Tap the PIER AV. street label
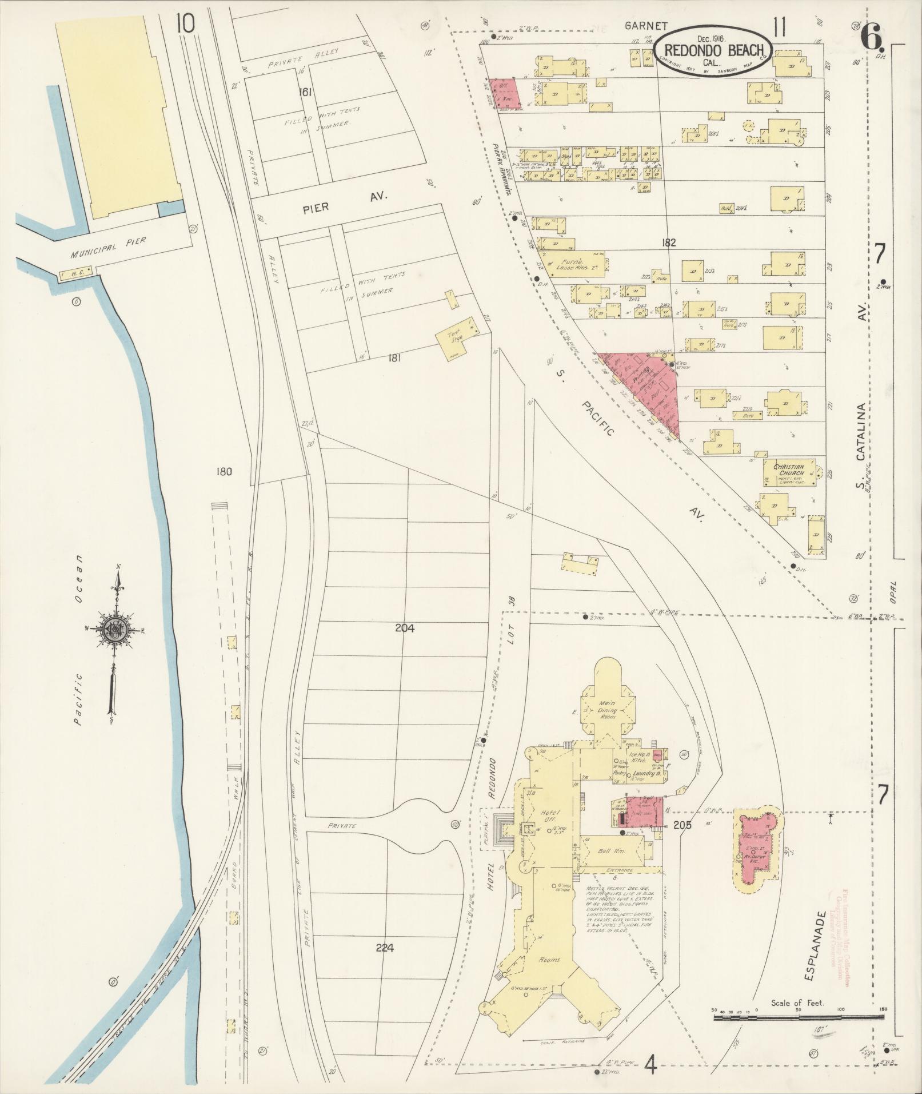343,202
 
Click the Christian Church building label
789,470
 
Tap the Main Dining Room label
606,711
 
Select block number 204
404,628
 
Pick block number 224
385,948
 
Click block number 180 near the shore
225,472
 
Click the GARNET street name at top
638,25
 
